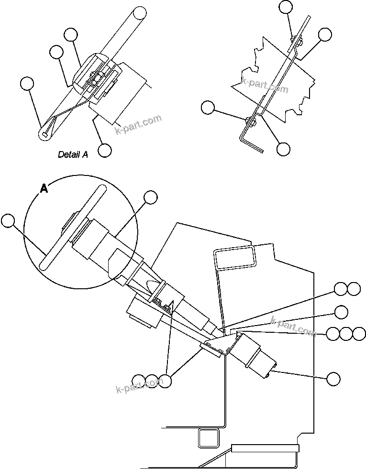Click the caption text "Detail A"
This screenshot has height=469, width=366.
click(x=73, y=154)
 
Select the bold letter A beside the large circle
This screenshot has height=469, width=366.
click(x=44, y=189)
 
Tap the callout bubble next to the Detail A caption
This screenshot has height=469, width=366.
click(x=105, y=150)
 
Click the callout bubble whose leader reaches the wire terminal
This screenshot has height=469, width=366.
click(x=27, y=84)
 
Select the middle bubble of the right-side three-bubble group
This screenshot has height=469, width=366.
click(x=346, y=334)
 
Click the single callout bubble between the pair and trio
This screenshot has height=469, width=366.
click(x=341, y=312)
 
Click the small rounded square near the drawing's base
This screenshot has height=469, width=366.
click(x=209, y=437)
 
